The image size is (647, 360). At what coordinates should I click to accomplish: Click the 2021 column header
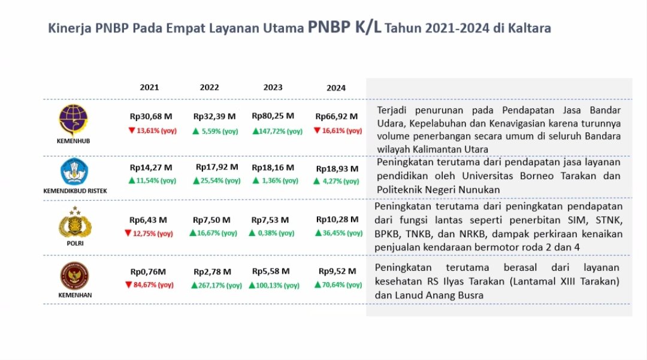click(x=149, y=87)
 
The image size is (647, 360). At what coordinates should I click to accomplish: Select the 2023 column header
click(x=273, y=87)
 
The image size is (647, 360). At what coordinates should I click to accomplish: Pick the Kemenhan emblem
click(x=75, y=276)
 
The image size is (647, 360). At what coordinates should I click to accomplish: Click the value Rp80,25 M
click(x=273, y=116)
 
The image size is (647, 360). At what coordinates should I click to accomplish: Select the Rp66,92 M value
click(x=336, y=116)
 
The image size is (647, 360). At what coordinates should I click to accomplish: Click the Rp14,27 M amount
click(x=150, y=167)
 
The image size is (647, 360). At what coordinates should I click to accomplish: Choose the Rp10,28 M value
click(x=336, y=219)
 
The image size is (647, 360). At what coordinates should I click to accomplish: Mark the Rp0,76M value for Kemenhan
click(x=149, y=271)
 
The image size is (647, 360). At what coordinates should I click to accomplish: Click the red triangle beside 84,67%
click(x=128, y=285)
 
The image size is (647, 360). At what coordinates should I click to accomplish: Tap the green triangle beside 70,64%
click(x=318, y=285)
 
